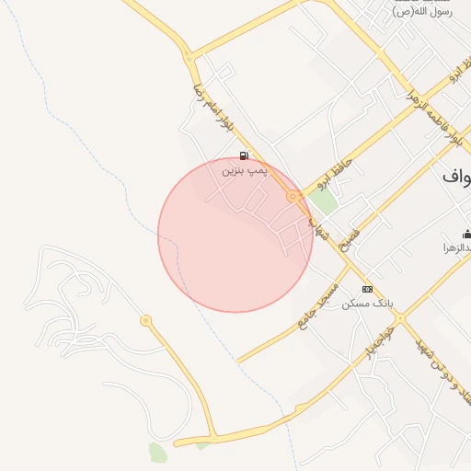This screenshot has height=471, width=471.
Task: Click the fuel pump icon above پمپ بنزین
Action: [243, 156]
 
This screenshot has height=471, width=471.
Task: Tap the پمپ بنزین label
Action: [244, 170]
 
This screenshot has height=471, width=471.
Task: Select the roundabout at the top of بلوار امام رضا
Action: [190, 60]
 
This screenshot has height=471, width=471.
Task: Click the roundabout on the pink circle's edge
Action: [293, 196]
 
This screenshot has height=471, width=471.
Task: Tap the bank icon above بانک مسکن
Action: [368, 289]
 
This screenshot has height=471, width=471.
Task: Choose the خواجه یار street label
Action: [378, 341]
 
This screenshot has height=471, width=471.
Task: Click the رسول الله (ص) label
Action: [423, 11]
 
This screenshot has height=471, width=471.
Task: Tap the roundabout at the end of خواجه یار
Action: [400, 318]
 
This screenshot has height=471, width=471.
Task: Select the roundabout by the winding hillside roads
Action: [145, 320]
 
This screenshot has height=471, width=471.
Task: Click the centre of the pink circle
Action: [235, 235]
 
